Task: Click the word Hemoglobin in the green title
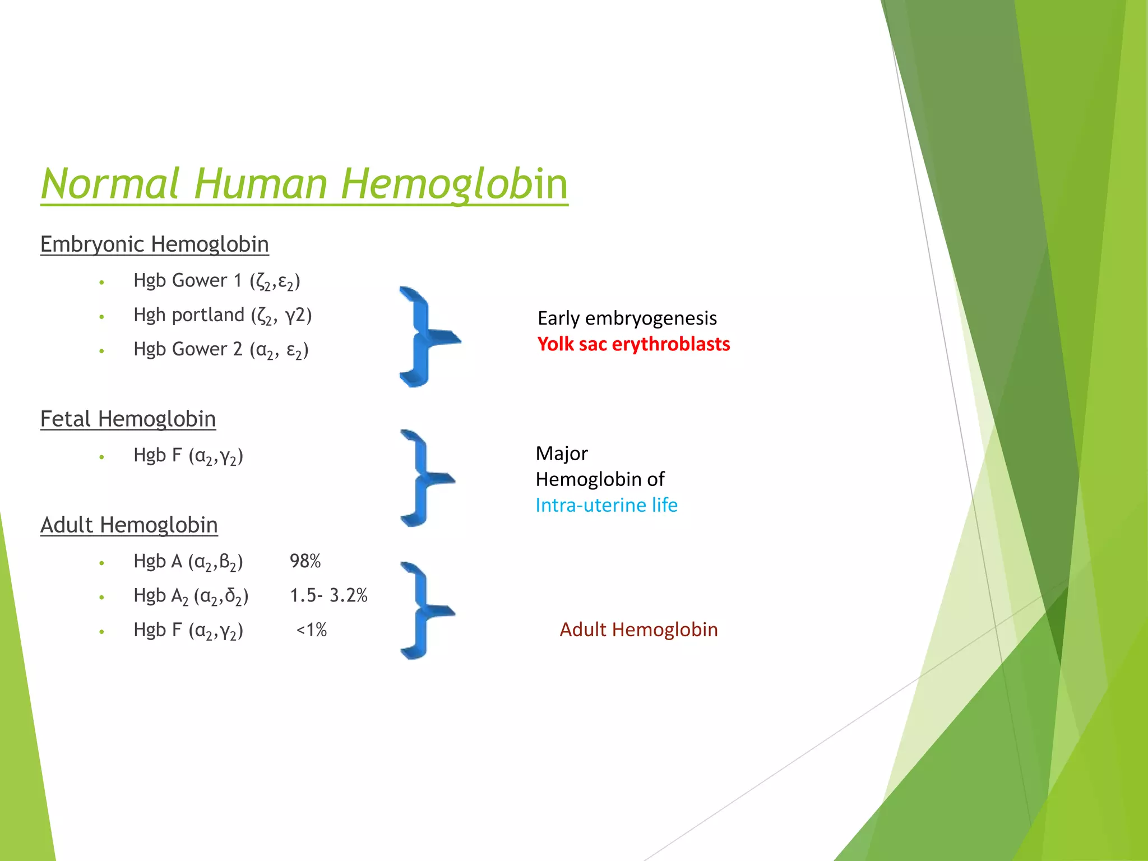pos(454,184)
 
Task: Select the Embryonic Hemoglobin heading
pos(155,244)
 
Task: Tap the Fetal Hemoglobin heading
pos(128,419)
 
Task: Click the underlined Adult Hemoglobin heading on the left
pos(129,525)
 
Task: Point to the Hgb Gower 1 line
pos(216,281)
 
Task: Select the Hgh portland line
pos(222,315)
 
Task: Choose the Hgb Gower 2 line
pos(221,350)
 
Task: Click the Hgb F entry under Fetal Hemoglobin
pos(188,456)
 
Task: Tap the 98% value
pos(305,561)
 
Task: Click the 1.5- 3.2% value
pos(328,595)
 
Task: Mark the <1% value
pos(312,630)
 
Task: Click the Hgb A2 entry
pos(191,596)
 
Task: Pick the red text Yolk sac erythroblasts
pos(633,344)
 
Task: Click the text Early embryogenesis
pos(627,318)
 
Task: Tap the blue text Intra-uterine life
pos(607,505)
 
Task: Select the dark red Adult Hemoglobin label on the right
pos(638,629)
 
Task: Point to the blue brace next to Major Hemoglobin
pos(423,478)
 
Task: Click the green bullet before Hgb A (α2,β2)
pos(101,563)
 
